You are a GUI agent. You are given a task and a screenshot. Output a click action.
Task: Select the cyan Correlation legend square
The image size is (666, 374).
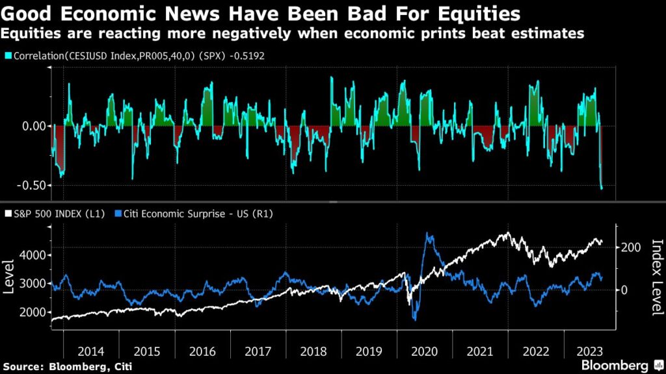[7, 56]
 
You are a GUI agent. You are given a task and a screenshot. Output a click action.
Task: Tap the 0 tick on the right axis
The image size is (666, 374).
[624, 290]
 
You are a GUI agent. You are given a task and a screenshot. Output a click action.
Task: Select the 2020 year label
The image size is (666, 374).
[425, 351]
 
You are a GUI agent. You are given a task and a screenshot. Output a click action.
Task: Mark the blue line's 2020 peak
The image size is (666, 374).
[427, 234]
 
